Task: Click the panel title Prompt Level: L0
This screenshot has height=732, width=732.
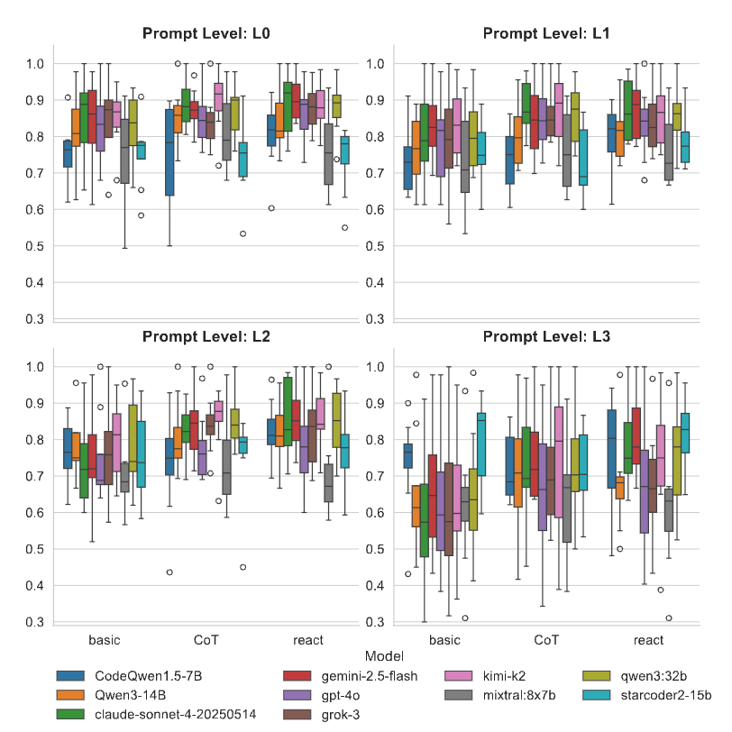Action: pyautogui.click(x=206, y=34)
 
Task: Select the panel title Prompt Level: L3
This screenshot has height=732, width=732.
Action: pyautogui.click(x=546, y=337)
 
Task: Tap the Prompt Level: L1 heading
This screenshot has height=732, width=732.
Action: pyautogui.click(x=546, y=34)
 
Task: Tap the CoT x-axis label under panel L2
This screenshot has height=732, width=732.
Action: pyautogui.click(x=206, y=640)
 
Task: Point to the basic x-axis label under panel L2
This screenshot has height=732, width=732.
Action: pyautogui.click(x=105, y=640)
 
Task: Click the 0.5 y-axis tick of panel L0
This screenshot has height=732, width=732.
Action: pyautogui.click(x=32, y=246)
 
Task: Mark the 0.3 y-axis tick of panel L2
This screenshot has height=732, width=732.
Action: pyautogui.click(x=32, y=622)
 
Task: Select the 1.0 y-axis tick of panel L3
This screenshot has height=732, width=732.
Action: pyautogui.click(x=371, y=367)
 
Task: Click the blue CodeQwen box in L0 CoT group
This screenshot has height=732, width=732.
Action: pyautogui.click(x=169, y=151)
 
